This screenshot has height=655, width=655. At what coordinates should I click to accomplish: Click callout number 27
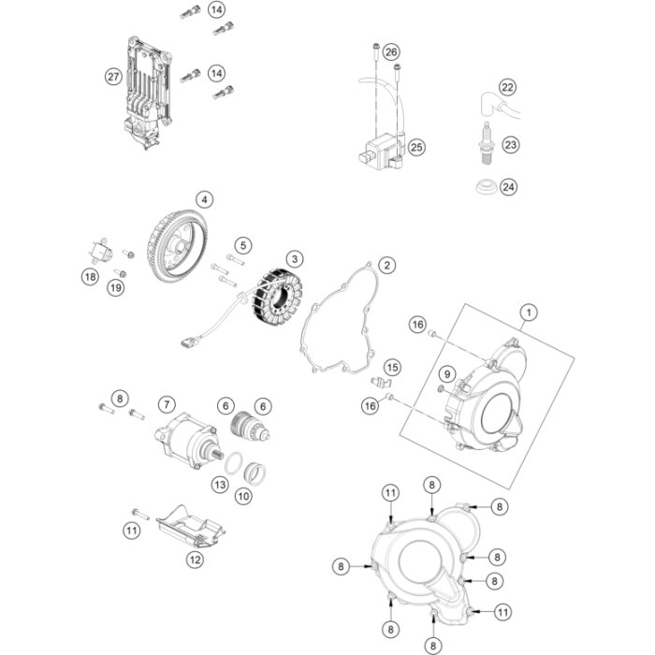tap(113, 77)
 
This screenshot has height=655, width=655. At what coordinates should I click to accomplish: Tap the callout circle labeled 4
tap(204, 199)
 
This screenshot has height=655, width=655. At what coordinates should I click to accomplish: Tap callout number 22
tap(507, 88)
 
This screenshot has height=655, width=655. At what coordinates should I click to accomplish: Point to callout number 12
tap(194, 560)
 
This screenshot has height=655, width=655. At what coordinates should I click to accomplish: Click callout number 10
tap(243, 496)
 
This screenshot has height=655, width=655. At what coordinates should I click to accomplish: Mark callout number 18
tap(90, 276)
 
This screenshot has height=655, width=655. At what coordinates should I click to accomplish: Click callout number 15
tap(392, 367)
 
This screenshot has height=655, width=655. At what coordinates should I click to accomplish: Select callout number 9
tap(447, 374)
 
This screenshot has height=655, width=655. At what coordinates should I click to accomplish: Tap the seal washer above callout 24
tap(486, 183)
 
